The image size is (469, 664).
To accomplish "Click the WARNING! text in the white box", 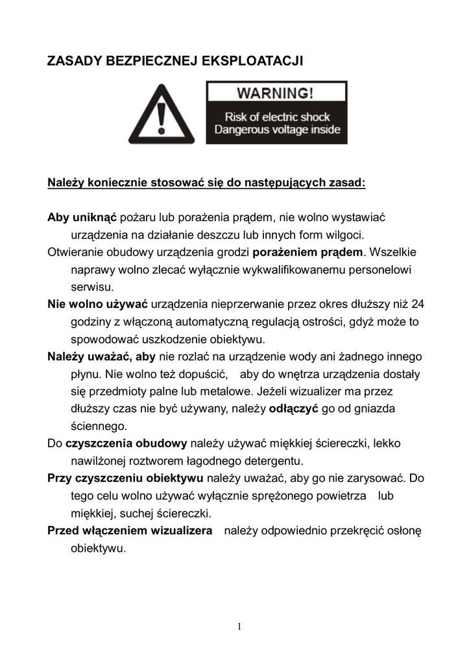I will point(276,92).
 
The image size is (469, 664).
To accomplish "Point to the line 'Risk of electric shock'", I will point(277,117).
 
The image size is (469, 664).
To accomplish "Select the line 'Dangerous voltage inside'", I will point(277,130).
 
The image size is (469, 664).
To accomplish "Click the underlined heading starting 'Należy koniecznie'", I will point(207,182).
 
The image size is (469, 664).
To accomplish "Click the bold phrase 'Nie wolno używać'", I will point(98,303).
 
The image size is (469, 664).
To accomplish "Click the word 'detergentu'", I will point(273,462).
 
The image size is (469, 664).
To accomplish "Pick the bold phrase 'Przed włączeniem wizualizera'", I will point(130,531).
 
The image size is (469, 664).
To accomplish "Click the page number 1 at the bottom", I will point(239,626).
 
